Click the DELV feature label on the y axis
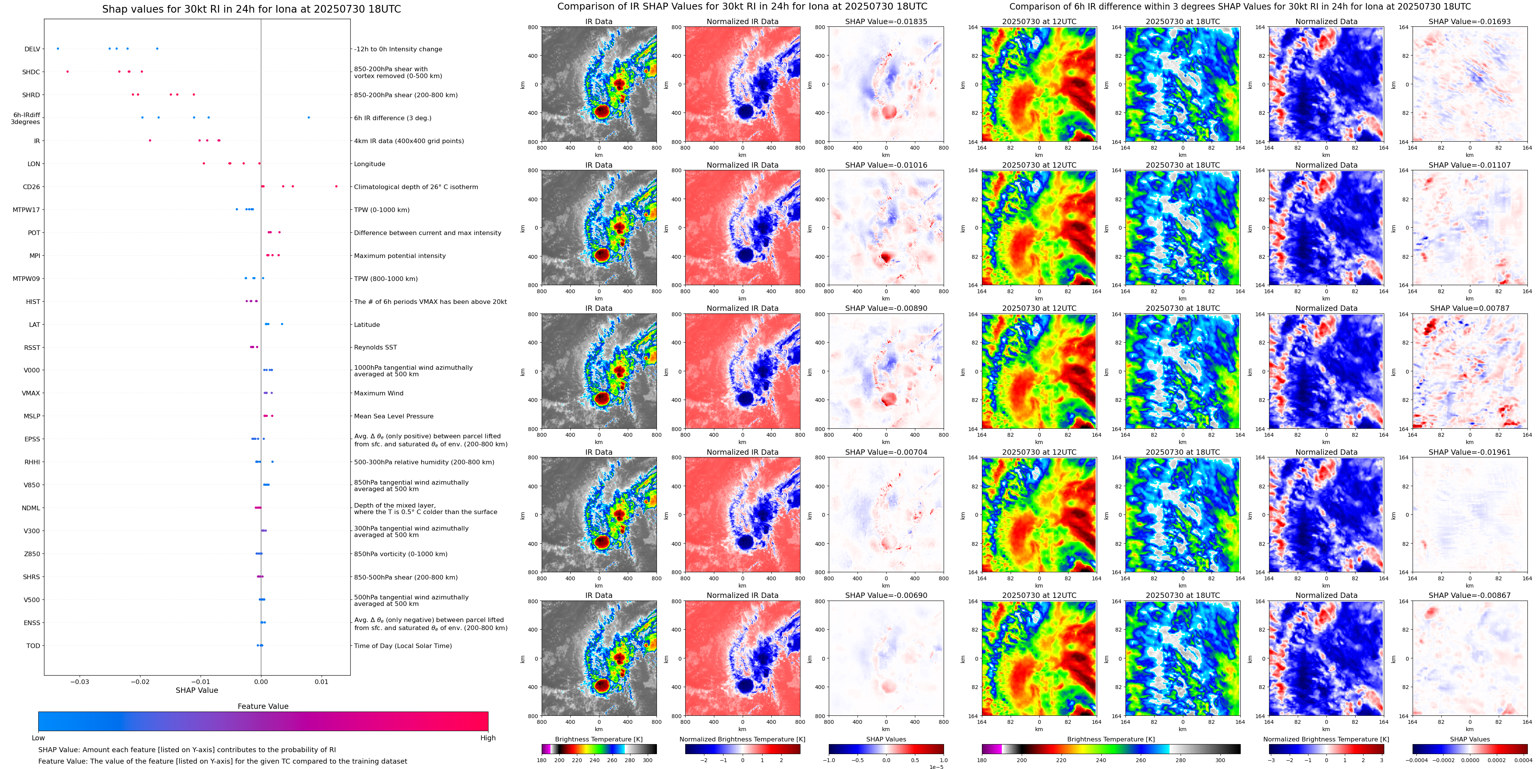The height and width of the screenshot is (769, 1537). pyautogui.click(x=32, y=49)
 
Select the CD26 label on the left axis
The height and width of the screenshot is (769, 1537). pyautogui.click(x=31, y=187)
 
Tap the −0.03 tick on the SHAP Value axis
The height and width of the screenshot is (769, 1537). pyautogui.click(x=80, y=682)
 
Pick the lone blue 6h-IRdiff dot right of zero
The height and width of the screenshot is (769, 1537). pyautogui.click(x=309, y=118)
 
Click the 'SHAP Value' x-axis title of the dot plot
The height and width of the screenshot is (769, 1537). pyautogui.click(x=196, y=690)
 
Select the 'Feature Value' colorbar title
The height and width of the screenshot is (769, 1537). pyautogui.click(x=263, y=706)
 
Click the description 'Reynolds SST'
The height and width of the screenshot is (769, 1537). pyautogui.click(x=375, y=347)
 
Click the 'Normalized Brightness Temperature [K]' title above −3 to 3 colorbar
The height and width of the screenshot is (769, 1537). pyautogui.click(x=1326, y=739)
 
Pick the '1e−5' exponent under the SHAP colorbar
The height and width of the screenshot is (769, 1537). pyautogui.click(x=936, y=767)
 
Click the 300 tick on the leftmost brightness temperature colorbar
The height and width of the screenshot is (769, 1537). pyautogui.click(x=647, y=761)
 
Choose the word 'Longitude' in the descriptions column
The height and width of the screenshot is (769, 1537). pyautogui.click(x=369, y=164)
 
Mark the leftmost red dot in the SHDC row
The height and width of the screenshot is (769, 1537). pyautogui.click(x=67, y=72)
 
